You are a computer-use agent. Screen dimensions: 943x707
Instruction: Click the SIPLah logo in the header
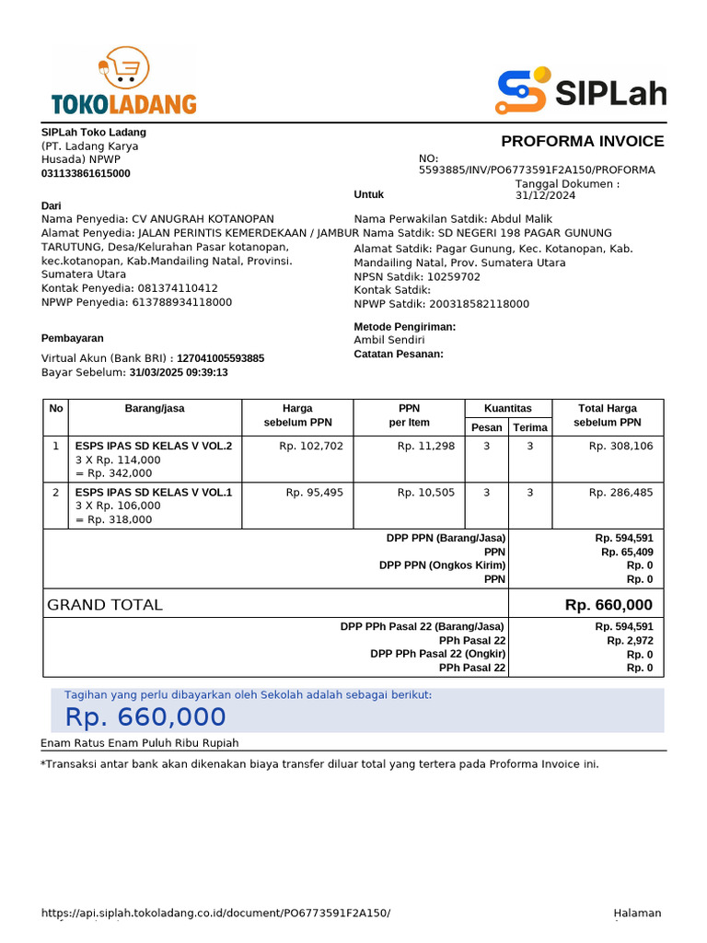point(581,92)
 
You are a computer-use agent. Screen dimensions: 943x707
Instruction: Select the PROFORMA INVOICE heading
point(582,141)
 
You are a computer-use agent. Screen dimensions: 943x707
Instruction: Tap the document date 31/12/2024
point(545,195)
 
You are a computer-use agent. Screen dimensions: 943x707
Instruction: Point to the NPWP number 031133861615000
point(86,173)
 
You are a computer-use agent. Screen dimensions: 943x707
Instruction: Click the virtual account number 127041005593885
point(220,358)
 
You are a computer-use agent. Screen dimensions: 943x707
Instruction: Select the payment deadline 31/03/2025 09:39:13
point(179,372)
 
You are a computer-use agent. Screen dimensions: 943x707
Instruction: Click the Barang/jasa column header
point(155,408)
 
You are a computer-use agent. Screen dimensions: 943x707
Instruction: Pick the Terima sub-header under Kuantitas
point(530,427)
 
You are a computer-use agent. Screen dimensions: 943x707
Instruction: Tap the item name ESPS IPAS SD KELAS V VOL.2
point(154,446)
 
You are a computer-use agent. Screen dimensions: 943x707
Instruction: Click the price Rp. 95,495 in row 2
point(314,493)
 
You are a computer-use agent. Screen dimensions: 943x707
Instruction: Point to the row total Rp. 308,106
point(620,446)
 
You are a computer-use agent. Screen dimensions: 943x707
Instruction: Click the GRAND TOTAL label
point(105,605)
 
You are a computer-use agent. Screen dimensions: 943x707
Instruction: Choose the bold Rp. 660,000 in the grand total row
point(608,605)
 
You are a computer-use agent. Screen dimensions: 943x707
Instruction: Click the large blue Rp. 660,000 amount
point(145,717)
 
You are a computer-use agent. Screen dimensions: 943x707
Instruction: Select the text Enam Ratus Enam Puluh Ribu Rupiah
point(140,743)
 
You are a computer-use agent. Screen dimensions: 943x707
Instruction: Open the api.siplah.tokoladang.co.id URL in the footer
point(215,913)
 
